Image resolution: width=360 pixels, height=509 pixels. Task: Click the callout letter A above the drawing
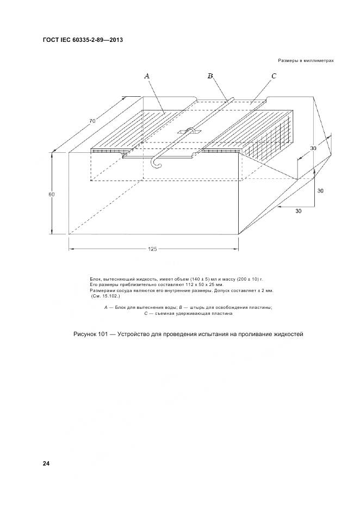pyautogui.click(x=147, y=77)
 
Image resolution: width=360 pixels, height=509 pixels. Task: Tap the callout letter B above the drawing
pyautogui.click(x=210, y=77)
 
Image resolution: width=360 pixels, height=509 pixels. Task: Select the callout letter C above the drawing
pyautogui.click(x=274, y=77)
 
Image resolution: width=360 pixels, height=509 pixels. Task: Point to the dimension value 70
pyautogui.click(x=93, y=120)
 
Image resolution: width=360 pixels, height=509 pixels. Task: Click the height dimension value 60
pyautogui.click(x=51, y=194)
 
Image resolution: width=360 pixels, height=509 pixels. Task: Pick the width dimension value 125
pyautogui.click(x=152, y=249)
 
